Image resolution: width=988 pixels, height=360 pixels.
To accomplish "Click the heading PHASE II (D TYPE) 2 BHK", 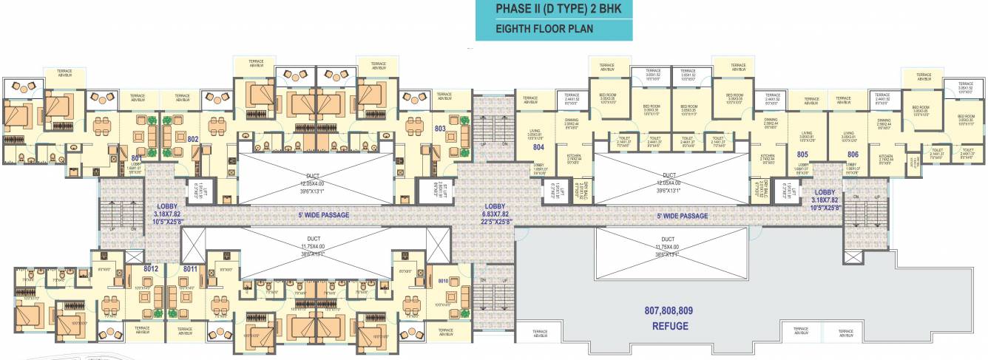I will (x=553, y=11).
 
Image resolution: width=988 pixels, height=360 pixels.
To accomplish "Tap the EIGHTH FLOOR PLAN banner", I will (x=553, y=30).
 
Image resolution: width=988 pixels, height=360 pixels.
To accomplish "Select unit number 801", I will (x=137, y=157).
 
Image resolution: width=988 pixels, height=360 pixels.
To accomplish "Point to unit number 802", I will (x=193, y=138).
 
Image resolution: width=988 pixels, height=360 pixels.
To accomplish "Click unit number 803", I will (x=440, y=128).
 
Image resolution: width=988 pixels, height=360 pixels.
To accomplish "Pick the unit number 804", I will (x=538, y=146).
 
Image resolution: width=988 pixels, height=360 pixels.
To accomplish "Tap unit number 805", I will (x=802, y=154).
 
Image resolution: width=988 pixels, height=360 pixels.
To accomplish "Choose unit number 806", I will (x=853, y=154).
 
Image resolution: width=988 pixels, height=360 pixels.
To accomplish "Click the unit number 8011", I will (x=190, y=269).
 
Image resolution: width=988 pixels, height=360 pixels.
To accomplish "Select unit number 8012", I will (x=152, y=269).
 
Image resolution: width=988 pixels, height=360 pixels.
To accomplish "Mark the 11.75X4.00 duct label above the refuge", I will (x=668, y=246).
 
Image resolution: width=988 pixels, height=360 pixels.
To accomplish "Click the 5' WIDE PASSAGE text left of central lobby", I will (x=319, y=215).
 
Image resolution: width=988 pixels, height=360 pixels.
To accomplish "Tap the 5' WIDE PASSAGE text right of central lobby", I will (x=683, y=216).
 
